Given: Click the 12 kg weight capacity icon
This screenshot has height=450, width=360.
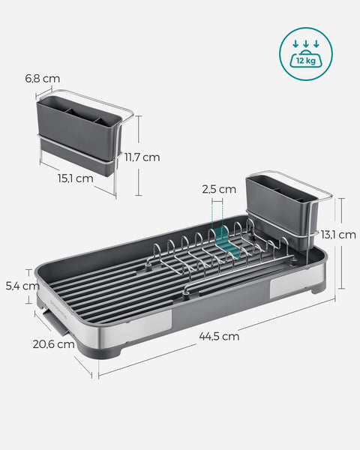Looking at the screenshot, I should (305, 52).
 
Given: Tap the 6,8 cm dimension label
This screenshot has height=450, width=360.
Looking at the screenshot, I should (42, 79).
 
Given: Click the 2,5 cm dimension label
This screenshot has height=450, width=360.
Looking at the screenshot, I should (219, 190).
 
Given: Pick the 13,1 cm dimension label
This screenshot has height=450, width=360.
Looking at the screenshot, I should (337, 235).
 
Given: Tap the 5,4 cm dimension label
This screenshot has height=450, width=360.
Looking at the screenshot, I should (21, 286).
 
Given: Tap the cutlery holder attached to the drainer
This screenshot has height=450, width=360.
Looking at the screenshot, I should (282, 206).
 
